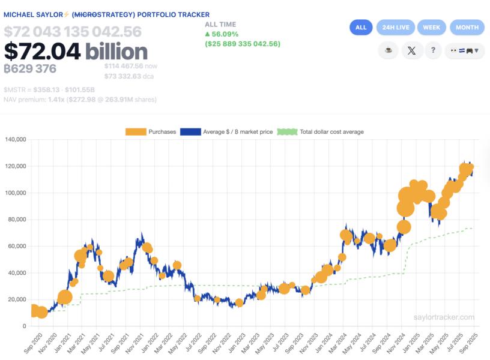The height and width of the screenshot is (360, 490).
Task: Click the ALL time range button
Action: pos(361,27)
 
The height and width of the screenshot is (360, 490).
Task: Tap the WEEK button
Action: pos(431,27)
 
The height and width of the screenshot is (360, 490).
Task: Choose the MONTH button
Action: pos(467,27)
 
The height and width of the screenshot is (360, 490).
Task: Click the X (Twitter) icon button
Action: pos(411,50)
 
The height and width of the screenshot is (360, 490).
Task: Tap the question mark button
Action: pos(433,50)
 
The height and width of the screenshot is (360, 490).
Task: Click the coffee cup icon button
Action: pos(389,50)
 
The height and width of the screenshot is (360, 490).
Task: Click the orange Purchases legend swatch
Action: pos(136,132)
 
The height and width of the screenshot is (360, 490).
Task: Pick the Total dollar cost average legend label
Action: pos(331,132)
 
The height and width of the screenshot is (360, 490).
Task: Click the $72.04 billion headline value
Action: pos(76,51)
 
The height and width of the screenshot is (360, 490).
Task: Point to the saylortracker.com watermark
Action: pos(444,317)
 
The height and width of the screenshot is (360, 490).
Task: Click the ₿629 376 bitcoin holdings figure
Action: pos(30,68)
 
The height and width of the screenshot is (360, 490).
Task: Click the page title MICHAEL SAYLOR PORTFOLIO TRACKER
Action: pos(107,14)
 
